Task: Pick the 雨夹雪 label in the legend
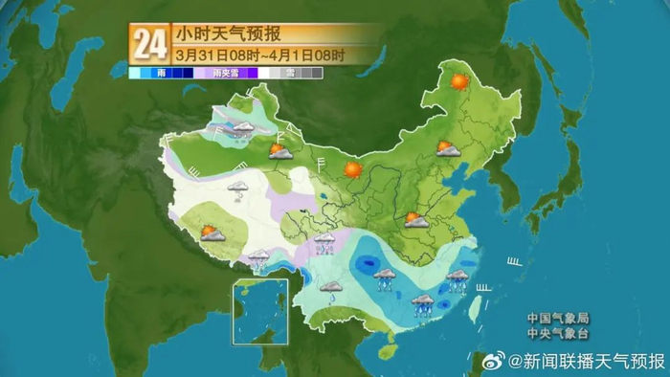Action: pos(225,73)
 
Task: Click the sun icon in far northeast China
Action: pos(458,83)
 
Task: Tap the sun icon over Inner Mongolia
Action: pos(353,169)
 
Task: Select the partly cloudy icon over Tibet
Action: pos(212,233)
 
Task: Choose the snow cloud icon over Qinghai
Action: pos(237,188)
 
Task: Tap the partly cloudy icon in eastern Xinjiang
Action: pos(279,150)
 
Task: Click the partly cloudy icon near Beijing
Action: pos(445,148)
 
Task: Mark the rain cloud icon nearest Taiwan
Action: pos(458,279)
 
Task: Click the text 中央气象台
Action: pos(558,334)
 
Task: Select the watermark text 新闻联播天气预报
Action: pos(586,361)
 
